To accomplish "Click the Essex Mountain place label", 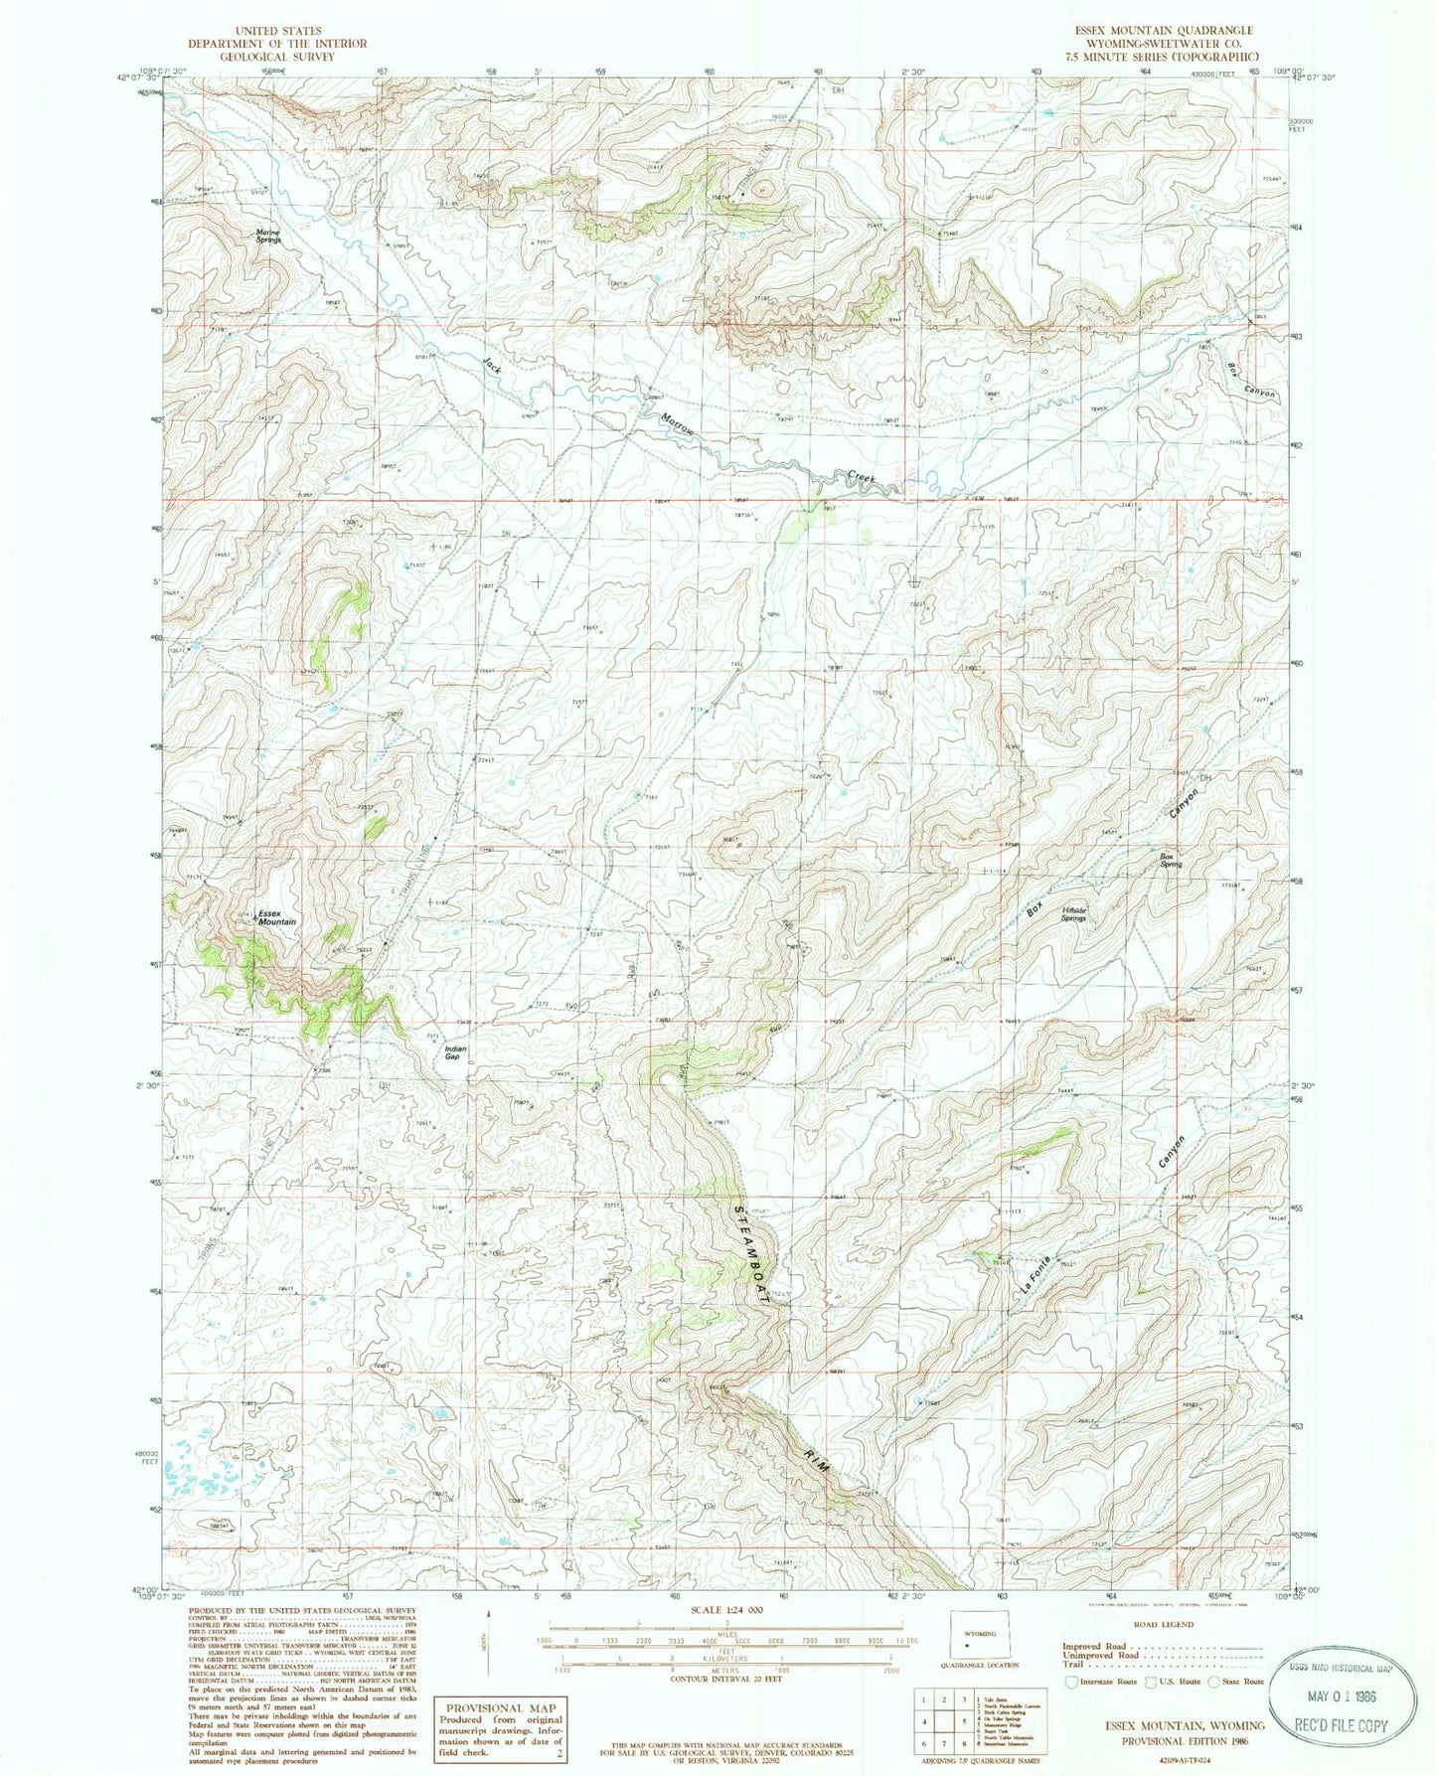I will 276,917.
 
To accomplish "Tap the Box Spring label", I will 1172,861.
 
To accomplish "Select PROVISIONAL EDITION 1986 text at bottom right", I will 1184,1740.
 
